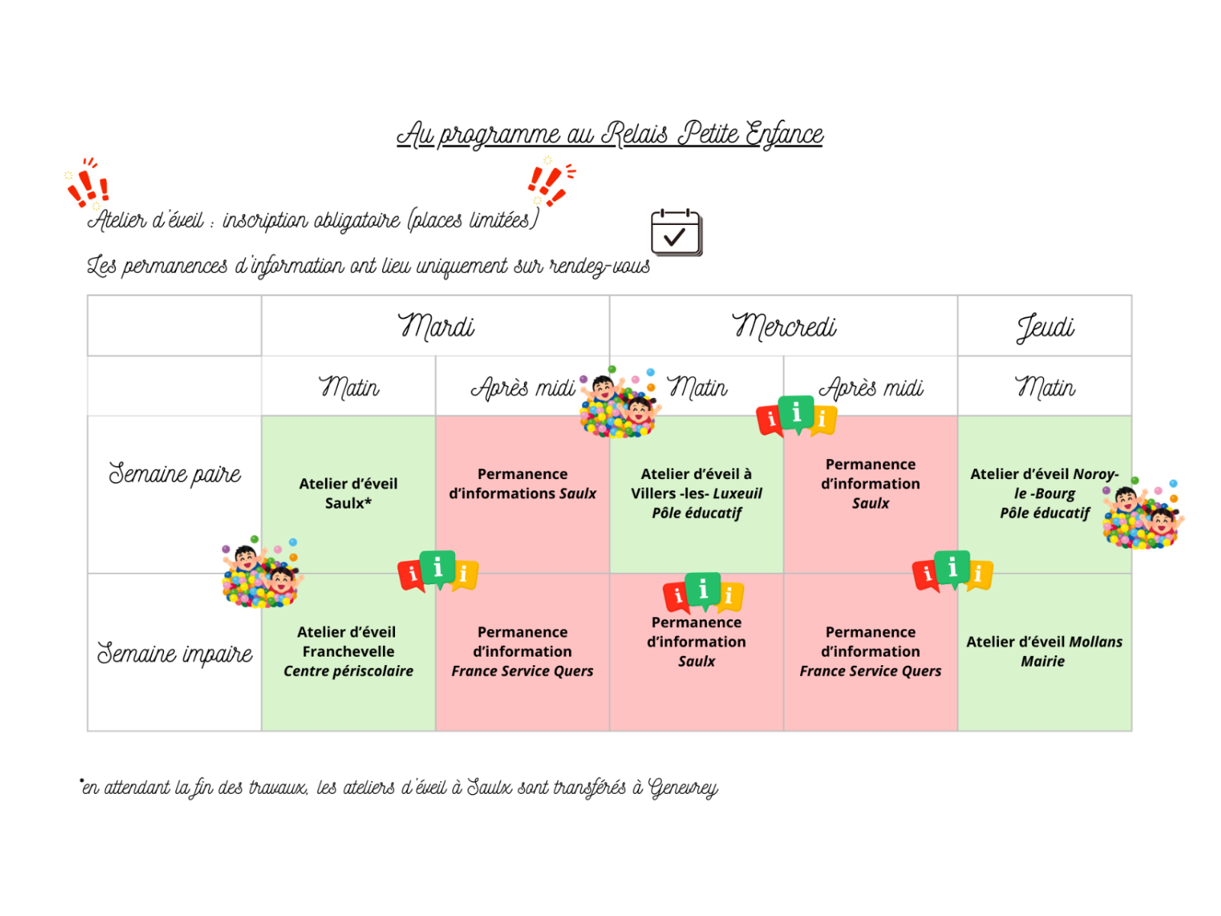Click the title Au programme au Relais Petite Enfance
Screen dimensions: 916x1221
coord(609,134)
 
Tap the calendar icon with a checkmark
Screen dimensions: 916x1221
coord(676,232)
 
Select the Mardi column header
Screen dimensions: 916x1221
coord(435,326)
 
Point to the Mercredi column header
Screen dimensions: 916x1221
coord(783,326)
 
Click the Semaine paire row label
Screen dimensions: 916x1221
coord(175,474)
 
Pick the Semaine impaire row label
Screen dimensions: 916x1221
coord(175,654)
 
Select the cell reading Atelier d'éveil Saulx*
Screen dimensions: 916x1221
coord(349,493)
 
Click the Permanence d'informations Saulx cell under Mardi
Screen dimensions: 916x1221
coord(522,484)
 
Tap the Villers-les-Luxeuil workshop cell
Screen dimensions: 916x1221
coord(696,493)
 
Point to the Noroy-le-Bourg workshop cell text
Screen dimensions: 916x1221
coord(1044,493)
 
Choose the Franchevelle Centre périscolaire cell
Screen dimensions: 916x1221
coord(349,651)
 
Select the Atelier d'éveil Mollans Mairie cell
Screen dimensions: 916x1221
coord(1044,651)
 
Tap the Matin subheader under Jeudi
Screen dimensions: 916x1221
coord(1045,387)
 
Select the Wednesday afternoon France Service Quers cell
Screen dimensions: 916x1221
coord(870,651)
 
